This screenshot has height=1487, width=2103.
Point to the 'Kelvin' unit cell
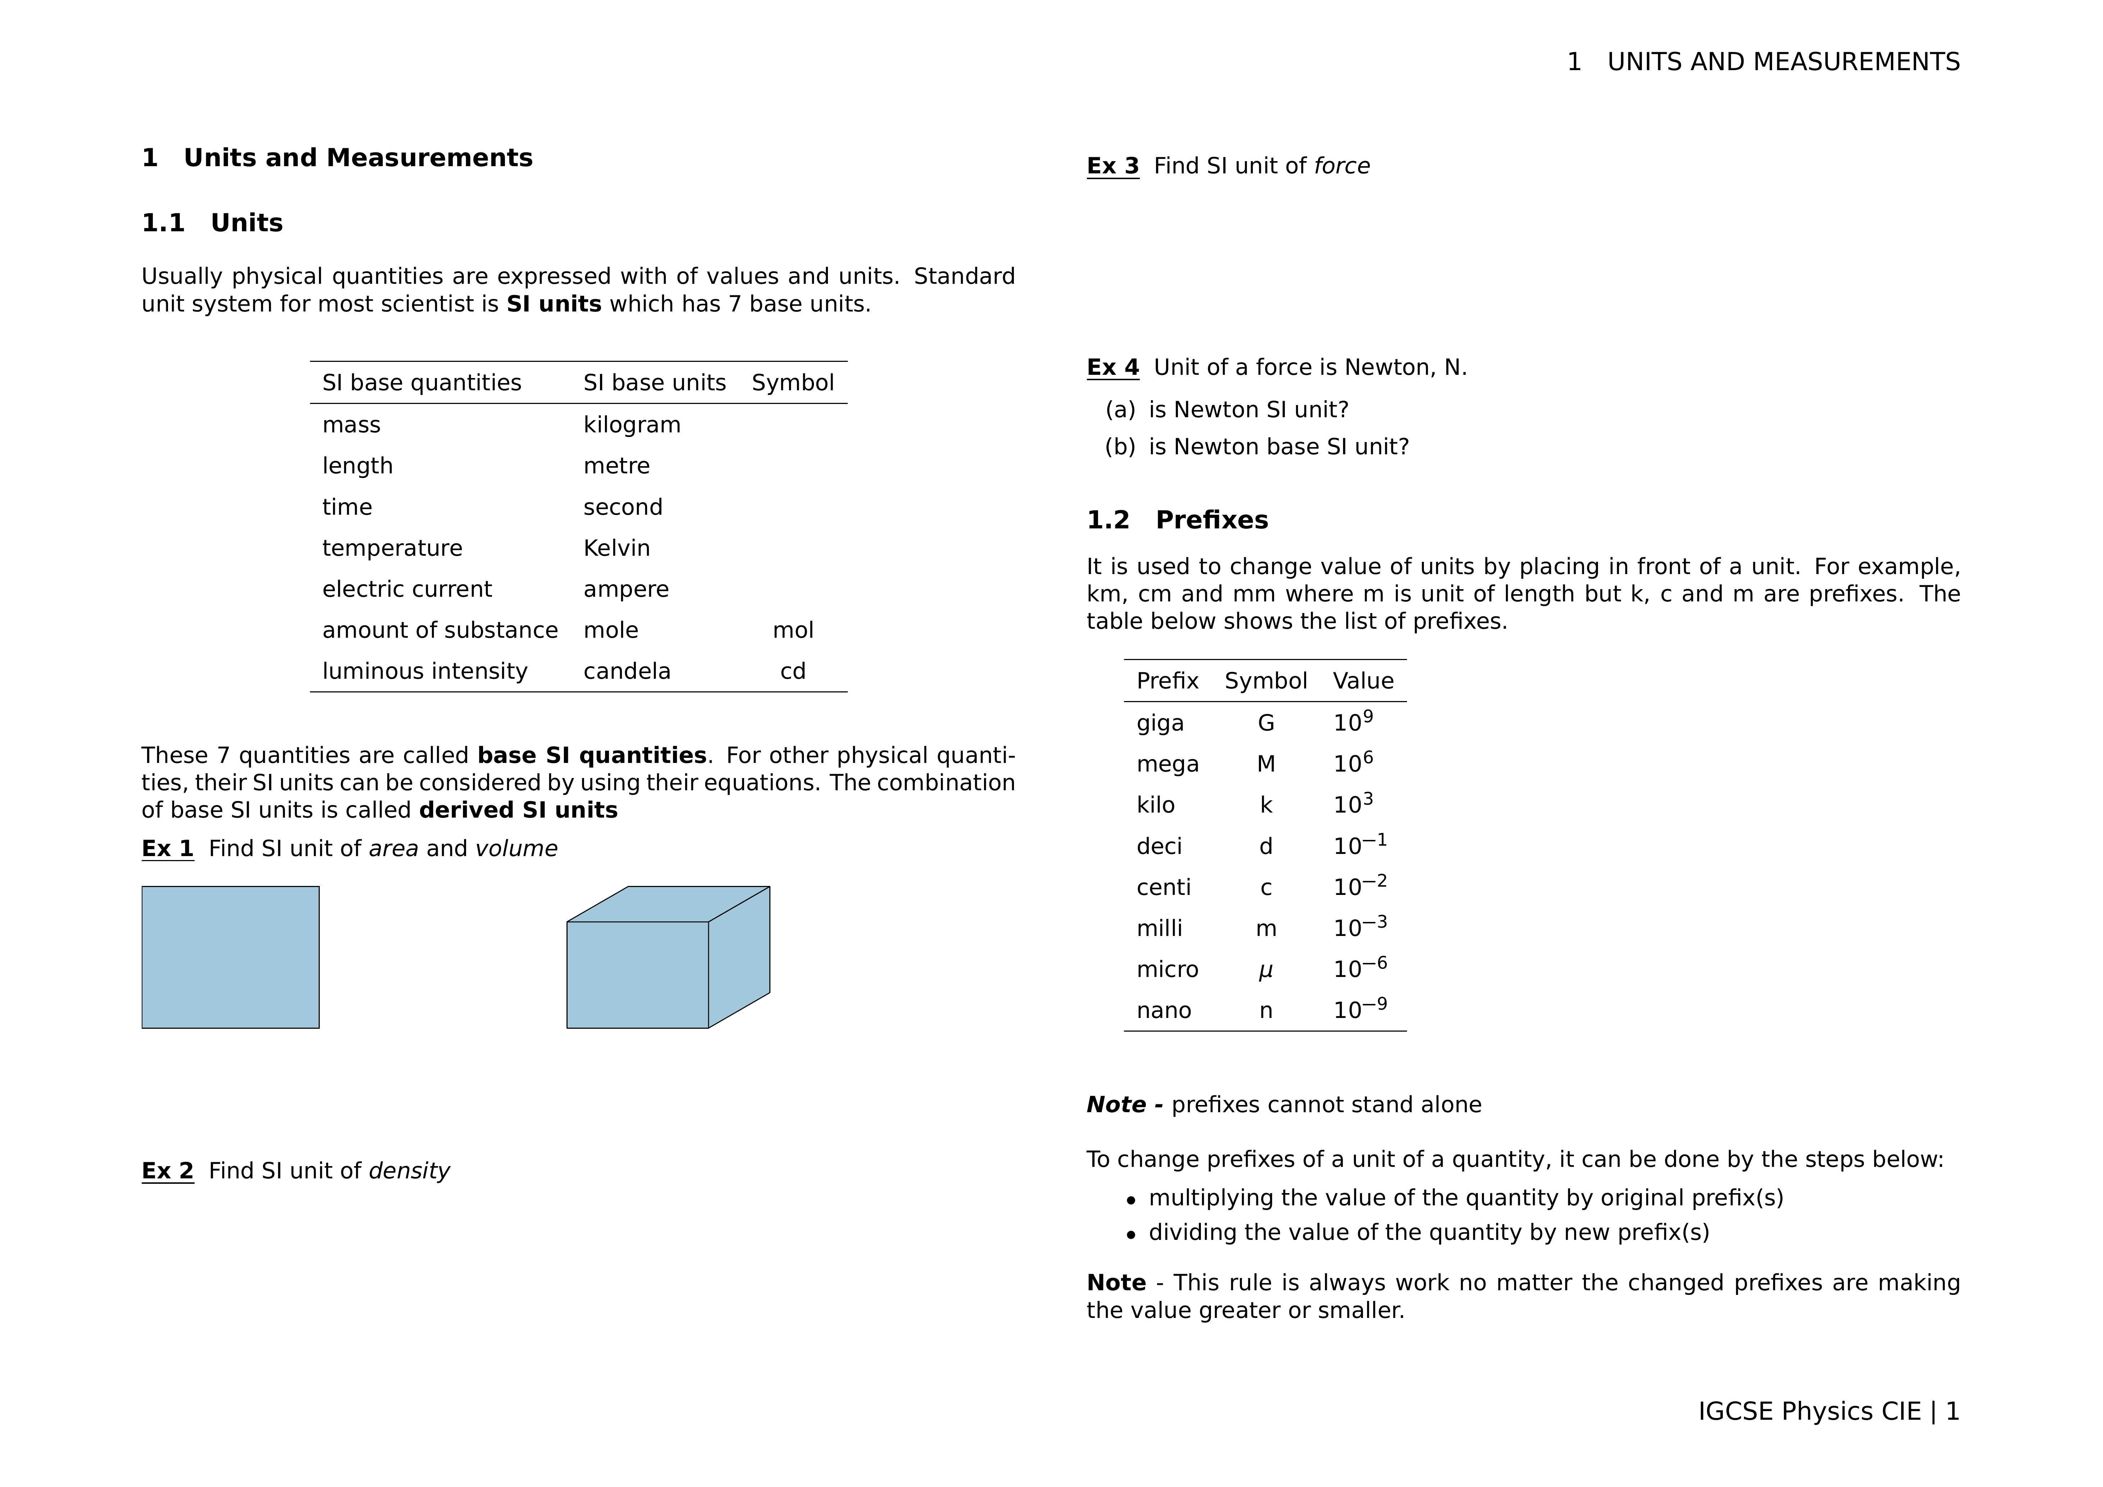(x=616, y=548)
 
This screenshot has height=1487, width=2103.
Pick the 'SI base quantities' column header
(x=421, y=383)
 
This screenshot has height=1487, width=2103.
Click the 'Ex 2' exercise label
(x=168, y=1171)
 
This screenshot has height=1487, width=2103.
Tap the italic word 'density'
(x=409, y=1171)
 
